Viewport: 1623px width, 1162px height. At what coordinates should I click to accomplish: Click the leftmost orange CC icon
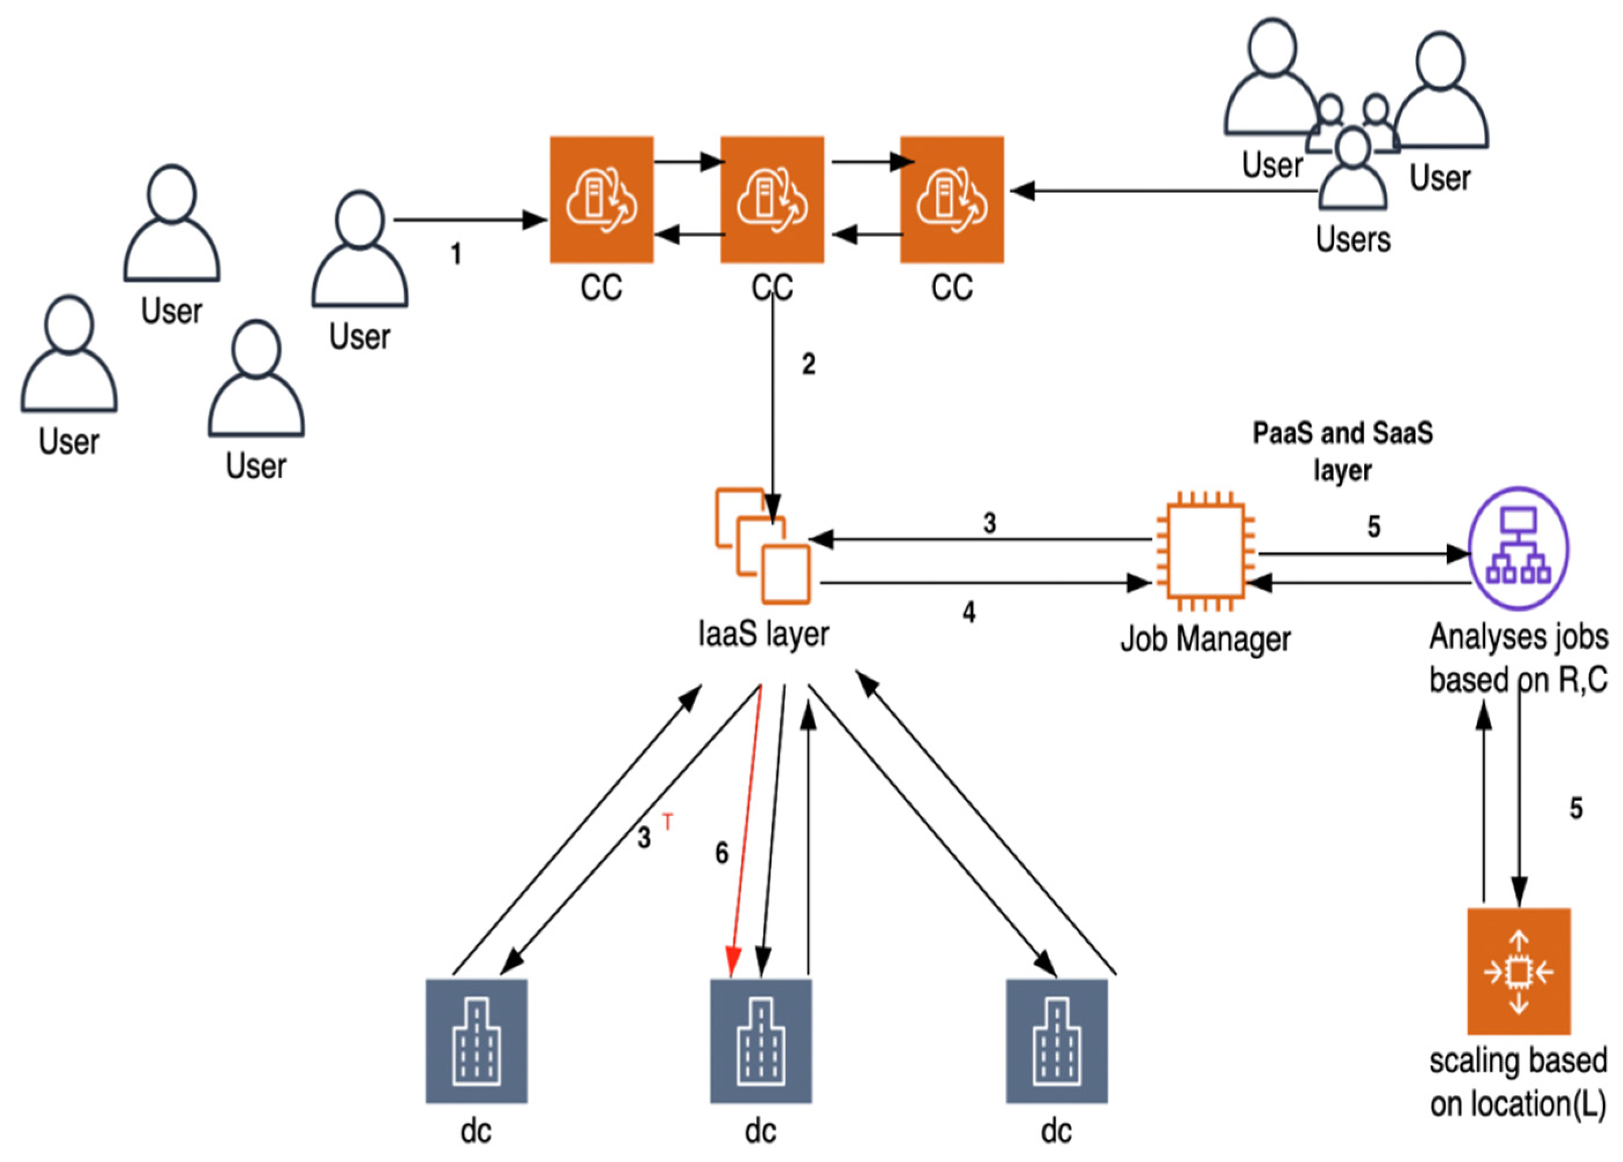tap(601, 200)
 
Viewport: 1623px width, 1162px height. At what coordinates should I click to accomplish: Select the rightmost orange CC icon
tap(952, 200)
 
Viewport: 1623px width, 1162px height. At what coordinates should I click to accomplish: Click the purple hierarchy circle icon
tap(1519, 548)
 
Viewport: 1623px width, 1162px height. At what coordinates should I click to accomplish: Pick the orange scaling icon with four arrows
tap(1519, 971)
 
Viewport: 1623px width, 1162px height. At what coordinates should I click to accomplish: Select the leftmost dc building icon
tap(476, 1041)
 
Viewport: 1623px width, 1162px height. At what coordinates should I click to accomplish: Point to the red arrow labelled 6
tap(744, 830)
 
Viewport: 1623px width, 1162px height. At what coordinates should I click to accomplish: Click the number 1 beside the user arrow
tap(456, 254)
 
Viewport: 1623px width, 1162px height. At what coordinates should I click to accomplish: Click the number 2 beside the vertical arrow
tap(809, 364)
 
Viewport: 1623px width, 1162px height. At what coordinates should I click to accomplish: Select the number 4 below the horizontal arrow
tap(969, 612)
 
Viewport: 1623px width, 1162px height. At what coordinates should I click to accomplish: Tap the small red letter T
tap(668, 823)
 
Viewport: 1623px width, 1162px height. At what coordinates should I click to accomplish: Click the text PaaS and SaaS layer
tap(1343, 452)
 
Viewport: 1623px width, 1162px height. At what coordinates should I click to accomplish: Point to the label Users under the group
tap(1352, 239)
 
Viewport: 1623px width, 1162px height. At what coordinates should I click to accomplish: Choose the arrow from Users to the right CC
tap(1163, 191)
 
